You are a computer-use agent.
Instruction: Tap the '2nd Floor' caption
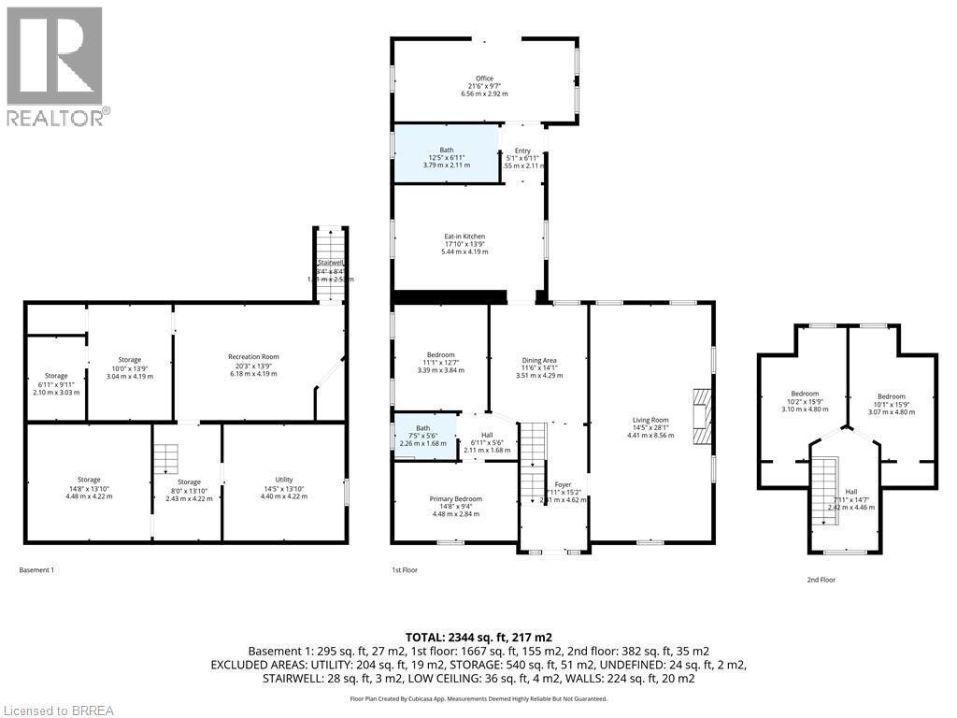coord(821,580)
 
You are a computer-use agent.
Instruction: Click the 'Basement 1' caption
coord(36,569)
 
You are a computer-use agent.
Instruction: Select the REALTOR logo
coord(57,65)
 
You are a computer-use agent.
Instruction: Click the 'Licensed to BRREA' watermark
coord(57,710)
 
